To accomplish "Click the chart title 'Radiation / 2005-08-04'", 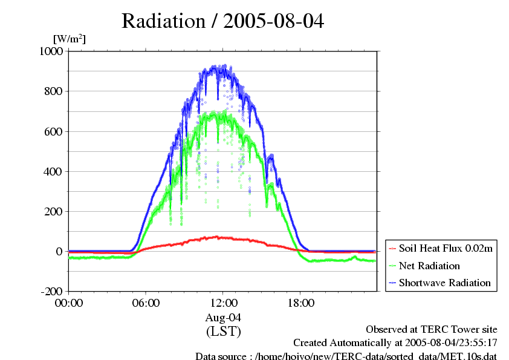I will (222, 21).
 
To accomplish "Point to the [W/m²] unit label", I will (69, 39).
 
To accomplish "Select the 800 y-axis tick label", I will (54, 91).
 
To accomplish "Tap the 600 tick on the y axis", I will (54, 131).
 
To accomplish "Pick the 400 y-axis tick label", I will (54, 171).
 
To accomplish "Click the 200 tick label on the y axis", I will (54, 211).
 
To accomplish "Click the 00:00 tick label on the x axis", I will (69, 303).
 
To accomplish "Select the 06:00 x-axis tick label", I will (146, 303).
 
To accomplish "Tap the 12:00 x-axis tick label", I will (223, 303).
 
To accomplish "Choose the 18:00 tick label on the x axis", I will (300, 303).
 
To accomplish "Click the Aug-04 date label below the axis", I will (223, 317).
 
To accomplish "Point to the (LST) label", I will (223, 332).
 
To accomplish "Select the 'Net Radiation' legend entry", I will (430, 266).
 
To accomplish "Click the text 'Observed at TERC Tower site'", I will (432, 330).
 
